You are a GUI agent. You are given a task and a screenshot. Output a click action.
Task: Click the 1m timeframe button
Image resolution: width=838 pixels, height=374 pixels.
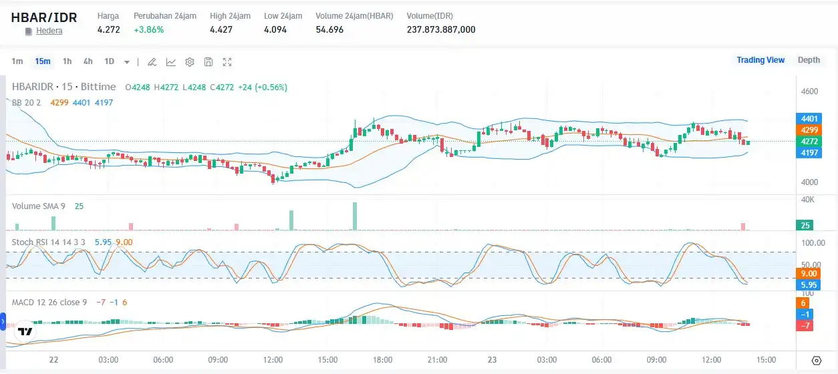point(17,61)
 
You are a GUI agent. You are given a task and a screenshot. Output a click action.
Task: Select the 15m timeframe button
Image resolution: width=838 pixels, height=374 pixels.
point(43,61)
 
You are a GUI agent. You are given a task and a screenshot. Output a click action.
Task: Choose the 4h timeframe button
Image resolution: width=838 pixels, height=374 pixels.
point(88,61)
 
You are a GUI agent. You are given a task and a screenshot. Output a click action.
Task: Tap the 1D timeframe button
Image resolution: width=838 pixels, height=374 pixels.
point(109,61)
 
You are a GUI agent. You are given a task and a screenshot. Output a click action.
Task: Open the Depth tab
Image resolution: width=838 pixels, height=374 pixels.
point(809,60)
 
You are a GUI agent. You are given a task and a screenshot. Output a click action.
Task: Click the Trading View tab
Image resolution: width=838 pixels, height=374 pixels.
point(760,60)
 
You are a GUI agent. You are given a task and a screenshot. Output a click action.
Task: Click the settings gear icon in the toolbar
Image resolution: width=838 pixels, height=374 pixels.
point(190,62)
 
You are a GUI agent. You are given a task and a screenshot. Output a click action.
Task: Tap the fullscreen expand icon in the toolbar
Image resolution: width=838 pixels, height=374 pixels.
point(227,62)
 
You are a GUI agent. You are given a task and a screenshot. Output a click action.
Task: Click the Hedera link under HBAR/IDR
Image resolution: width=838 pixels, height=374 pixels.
point(49,31)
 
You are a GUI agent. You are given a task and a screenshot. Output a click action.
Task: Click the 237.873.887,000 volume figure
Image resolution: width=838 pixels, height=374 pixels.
point(441,29)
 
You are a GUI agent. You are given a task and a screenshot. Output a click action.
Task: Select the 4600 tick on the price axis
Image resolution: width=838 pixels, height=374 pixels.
point(809,91)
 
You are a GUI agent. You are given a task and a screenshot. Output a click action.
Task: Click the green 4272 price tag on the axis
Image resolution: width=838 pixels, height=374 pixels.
point(809,141)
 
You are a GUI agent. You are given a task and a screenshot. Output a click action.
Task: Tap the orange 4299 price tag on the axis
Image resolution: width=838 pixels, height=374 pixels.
point(809,130)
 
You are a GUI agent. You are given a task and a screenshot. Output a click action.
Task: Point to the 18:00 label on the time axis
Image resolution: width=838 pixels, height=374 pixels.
point(383,359)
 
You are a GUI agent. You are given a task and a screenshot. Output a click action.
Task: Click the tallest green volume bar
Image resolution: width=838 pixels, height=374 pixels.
point(355,216)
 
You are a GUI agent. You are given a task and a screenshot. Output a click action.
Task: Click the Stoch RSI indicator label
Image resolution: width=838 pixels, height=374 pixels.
point(49,242)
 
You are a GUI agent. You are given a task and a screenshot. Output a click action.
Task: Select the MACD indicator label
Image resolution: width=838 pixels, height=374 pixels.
point(49,302)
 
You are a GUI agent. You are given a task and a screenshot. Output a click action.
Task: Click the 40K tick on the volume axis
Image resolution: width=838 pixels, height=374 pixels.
point(809,200)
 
